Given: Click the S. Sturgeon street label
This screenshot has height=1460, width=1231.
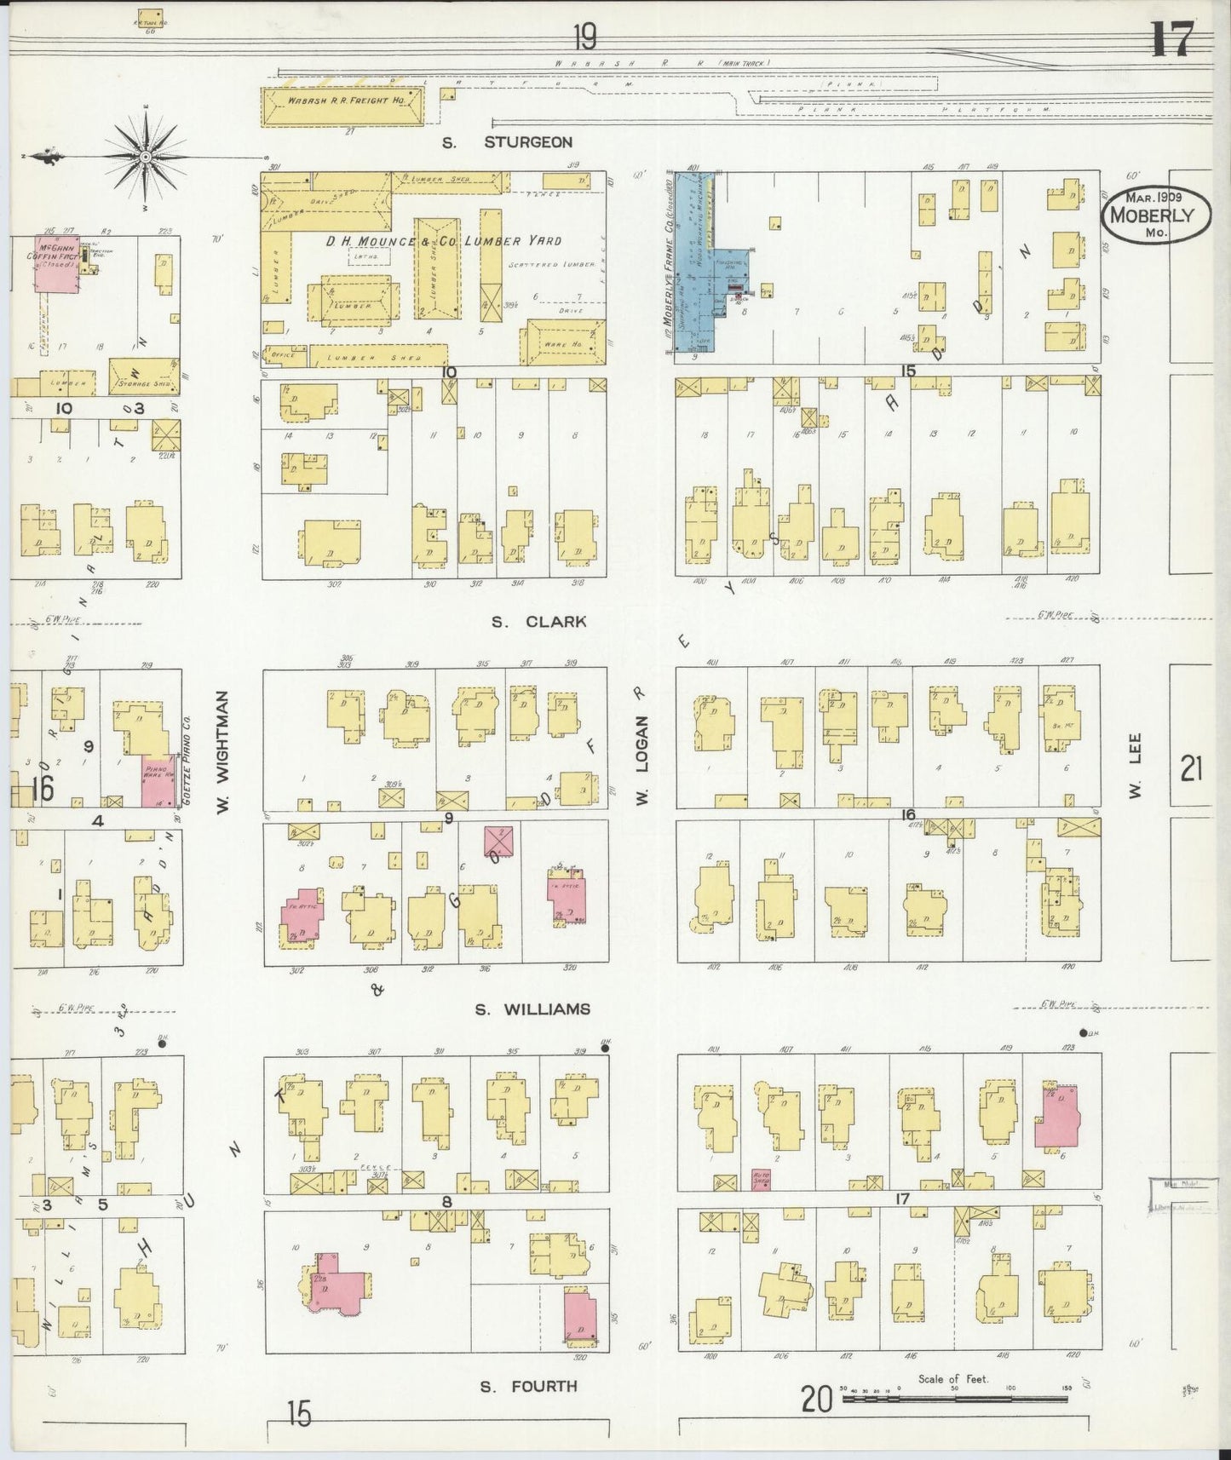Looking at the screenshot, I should (507, 142).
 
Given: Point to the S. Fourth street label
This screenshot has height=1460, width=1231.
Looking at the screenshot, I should (528, 1386).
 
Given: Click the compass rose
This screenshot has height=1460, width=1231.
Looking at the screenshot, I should (146, 158).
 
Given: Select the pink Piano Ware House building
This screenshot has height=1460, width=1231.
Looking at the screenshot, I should (158, 780).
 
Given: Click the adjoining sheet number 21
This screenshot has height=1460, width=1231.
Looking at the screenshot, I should (1191, 769).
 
